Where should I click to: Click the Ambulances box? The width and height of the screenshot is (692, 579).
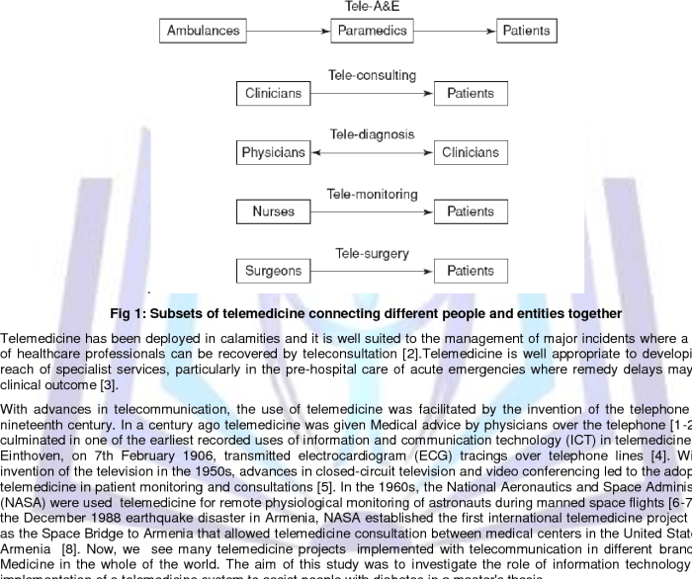pyautogui.click(x=203, y=31)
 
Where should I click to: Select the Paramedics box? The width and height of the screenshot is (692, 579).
pyautogui.click(x=372, y=31)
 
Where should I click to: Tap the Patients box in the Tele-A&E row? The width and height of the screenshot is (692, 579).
pyautogui.click(x=526, y=31)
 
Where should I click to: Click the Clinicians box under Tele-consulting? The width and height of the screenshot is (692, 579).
pyautogui.click(x=274, y=94)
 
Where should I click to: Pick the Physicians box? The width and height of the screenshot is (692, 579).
pyautogui.click(x=274, y=153)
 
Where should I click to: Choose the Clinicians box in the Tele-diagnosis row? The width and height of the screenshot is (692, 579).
pyautogui.click(x=471, y=153)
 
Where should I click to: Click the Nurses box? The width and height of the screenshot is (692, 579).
pyautogui.click(x=274, y=211)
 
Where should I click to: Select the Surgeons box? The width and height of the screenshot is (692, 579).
pyautogui.click(x=274, y=271)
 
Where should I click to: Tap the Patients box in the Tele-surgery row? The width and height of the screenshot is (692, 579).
pyautogui.click(x=471, y=271)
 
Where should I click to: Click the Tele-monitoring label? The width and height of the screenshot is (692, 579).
pyautogui.click(x=372, y=194)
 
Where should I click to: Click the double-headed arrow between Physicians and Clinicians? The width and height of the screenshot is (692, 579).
pyautogui.click(x=372, y=153)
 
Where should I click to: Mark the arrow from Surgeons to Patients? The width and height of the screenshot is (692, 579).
pyautogui.click(x=372, y=271)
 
